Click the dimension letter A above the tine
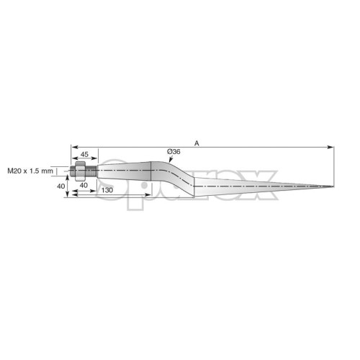click(x=197, y=143)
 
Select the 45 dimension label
click(x=84, y=154)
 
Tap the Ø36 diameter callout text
click(x=174, y=152)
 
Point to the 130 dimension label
click(x=107, y=190)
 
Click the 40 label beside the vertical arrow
click(x=60, y=186)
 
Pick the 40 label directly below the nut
click(x=84, y=185)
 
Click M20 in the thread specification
click(x=14, y=171)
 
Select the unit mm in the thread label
click(x=48, y=171)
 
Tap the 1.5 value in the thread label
click(x=35, y=171)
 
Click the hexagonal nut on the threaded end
click(x=80, y=171)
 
